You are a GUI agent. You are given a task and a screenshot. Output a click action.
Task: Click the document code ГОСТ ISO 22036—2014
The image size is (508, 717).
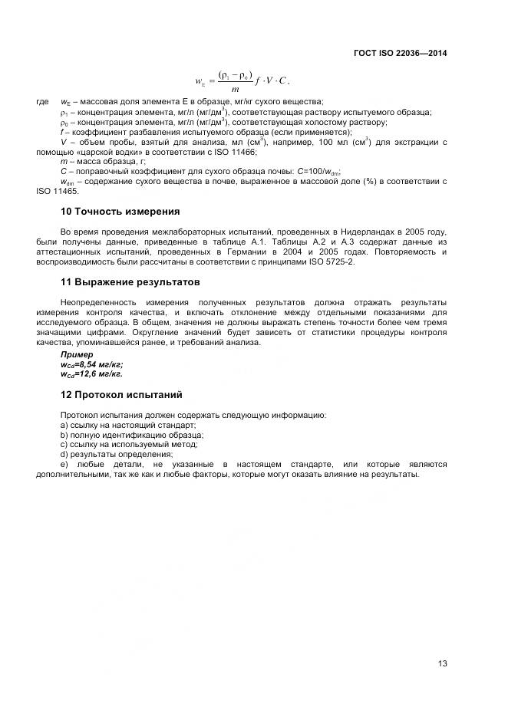401,54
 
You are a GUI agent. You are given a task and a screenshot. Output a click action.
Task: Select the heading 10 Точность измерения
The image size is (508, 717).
120,211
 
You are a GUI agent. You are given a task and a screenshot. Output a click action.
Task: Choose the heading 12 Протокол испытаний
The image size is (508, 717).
121,395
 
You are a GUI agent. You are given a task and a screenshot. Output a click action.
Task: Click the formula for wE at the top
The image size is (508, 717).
242,81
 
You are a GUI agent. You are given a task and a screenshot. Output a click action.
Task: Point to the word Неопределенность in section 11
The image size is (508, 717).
98,303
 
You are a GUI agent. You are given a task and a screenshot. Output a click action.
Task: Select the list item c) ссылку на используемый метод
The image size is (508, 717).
118,444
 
